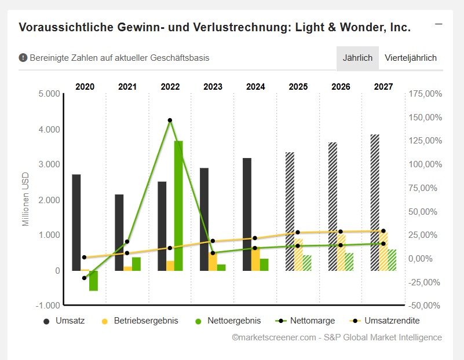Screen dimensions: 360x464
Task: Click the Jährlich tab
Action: click(357, 58)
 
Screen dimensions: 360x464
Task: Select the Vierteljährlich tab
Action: click(411, 58)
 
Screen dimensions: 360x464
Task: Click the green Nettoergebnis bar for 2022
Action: click(178, 205)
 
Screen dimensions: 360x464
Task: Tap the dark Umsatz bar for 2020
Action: click(76, 222)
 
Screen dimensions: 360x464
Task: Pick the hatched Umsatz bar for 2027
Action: click(375, 203)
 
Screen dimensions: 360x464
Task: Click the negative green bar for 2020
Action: click(93, 281)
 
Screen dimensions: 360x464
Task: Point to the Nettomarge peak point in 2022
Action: click(170, 120)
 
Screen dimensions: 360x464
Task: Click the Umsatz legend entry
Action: click(64, 320)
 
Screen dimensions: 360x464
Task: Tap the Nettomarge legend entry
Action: click(305, 320)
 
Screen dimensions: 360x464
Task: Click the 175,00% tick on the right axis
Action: click(425, 94)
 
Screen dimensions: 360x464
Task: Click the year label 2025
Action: click(298, 87)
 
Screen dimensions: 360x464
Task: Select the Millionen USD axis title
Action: click(25, 199)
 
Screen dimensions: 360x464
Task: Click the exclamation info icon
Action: click(23, 58)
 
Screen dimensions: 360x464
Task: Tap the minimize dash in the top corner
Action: click(439, 24)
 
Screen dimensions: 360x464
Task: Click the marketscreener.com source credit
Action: click(337, 337)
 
